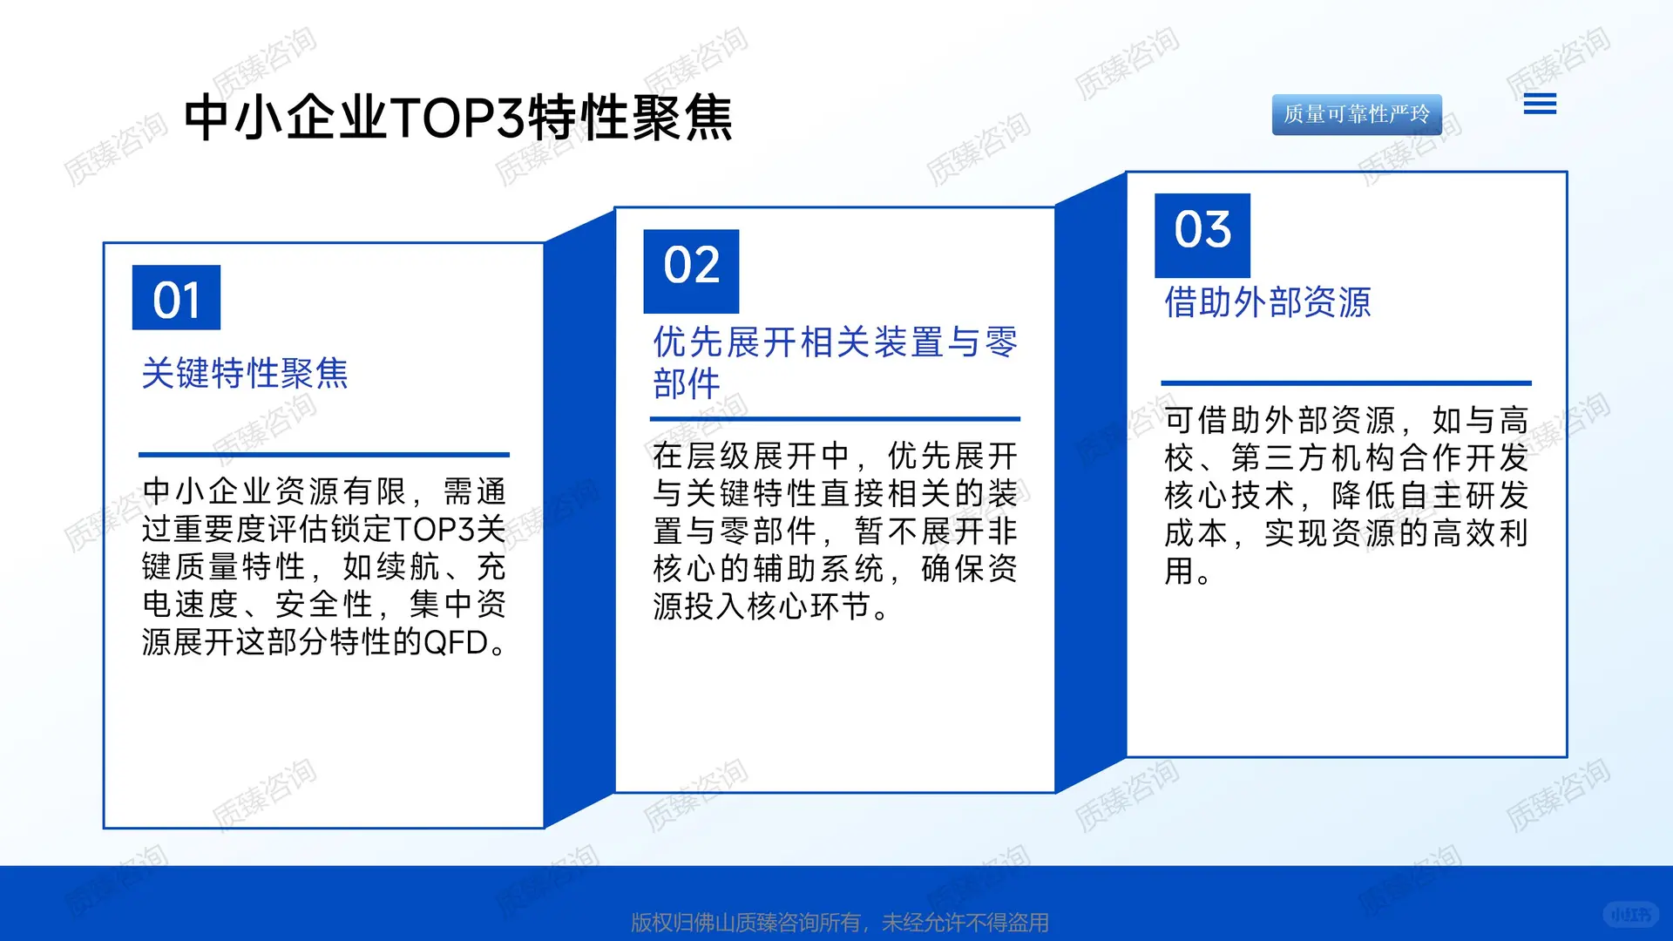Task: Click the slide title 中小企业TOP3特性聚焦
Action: (x=458, y=118)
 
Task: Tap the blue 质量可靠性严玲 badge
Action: (x=1356, y=114)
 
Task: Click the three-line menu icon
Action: (x=1540, y=105)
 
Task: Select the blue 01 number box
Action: (x=176, y=298)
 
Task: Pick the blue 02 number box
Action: (x=691, y=271)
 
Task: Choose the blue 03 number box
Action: (x=1202, y=234)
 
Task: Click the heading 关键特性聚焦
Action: (x=245, y=373)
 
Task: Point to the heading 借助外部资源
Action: (x=1268, y=302)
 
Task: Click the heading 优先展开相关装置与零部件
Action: (x=835, y=362)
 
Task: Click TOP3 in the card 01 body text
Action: (x=434, y=530)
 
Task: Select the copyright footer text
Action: (x=839, y=922)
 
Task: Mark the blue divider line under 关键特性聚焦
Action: (x=323, y=454)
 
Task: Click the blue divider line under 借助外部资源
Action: (x=1345, y=382)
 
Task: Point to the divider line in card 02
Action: (x=835, y=419)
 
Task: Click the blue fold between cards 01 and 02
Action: (x=579, y=523)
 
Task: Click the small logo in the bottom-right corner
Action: (x=1630, y=914)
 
